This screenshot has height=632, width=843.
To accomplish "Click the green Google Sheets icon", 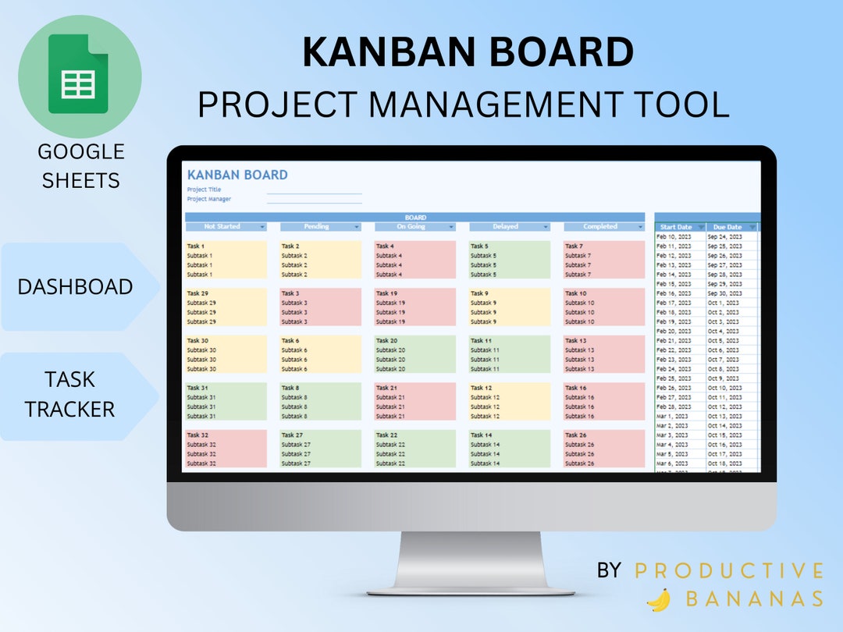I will [78, 74].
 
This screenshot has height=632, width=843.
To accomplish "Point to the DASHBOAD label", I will [75, 286].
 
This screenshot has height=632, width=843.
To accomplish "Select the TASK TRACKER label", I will [69, 394].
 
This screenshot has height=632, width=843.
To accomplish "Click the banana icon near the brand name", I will [660, 599].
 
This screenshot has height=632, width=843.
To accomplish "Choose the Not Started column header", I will [222, 227].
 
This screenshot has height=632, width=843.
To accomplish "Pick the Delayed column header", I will [505, 227].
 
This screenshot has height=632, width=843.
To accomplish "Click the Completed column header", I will [599, 227].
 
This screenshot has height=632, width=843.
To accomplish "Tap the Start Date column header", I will [676, 227].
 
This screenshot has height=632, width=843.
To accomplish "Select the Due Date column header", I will [727, 227].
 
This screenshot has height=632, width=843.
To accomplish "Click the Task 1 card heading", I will [196, 247].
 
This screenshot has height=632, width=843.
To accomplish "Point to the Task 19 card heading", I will [387, 293].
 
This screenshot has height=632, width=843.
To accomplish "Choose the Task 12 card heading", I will [482, 388].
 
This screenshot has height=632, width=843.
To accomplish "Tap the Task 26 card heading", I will [576, 435].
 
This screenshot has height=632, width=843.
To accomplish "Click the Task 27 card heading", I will [292, 435].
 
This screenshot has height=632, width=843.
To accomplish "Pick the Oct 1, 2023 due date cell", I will [724, 303].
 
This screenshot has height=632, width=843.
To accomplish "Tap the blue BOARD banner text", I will [415, 218].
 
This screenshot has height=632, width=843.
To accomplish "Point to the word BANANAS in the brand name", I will [753, 599].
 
